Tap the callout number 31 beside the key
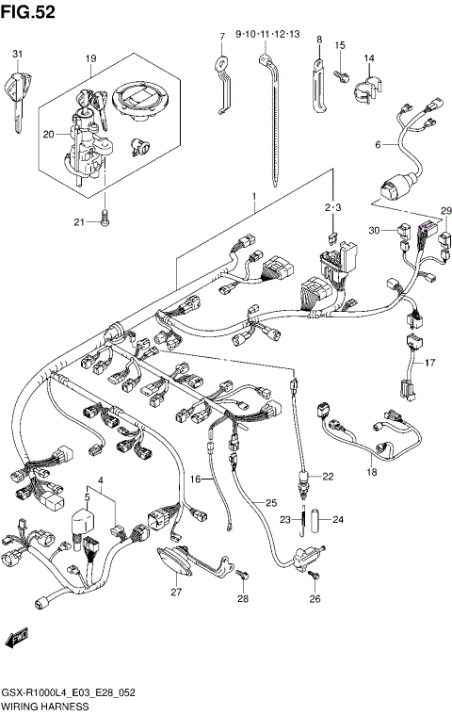point(16,55)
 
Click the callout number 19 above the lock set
point(91,58)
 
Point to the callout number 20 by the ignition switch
point(48,135)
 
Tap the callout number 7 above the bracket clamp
point(222,37)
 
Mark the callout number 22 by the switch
point(328,476)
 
